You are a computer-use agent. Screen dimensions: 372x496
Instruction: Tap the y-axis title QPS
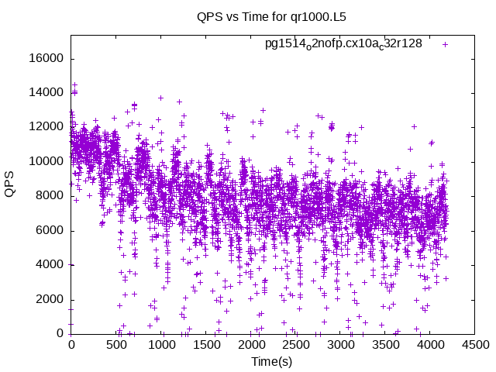coord(10,184)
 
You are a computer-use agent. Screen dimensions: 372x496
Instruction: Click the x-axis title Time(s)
coord(271,362)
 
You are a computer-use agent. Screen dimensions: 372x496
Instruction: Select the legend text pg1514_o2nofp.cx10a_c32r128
coord(343,43)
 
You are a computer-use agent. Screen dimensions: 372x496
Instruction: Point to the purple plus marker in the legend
coord(445,44)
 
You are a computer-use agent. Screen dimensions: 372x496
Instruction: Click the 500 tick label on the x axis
coord(116,345)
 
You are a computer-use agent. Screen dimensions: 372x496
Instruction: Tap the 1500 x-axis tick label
coord(205,345)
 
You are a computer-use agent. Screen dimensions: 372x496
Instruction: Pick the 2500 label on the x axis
coord(294,345)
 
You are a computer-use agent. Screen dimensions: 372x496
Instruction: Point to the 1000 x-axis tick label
coord(160,345)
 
